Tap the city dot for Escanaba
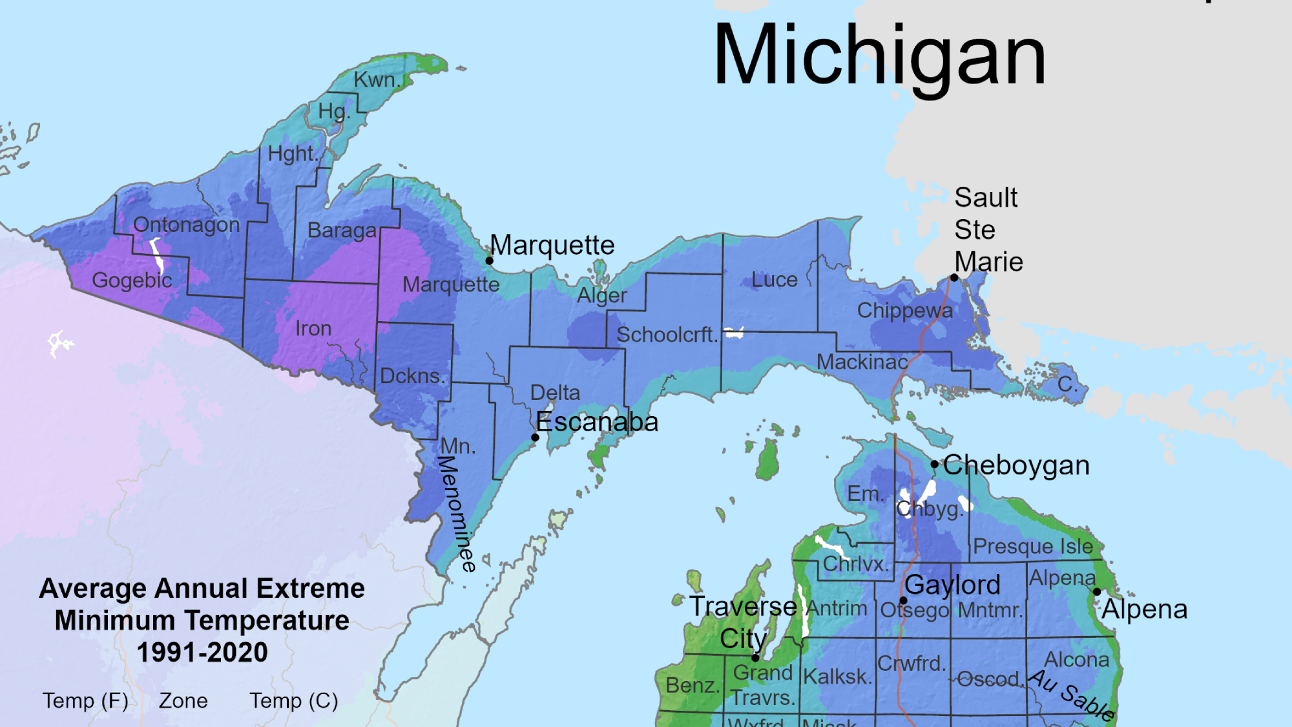[535, 437]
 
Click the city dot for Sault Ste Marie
[954, 278]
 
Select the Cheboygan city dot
[934, 464]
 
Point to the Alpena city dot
[1097, 591]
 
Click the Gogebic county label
[132, 280]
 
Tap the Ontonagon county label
[186, 225]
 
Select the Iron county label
[313, 328]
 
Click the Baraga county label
[342, 230]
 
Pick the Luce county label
[774, 280]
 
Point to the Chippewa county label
[904, 311]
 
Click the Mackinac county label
[862, 362]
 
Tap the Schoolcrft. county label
[667, 335]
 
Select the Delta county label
[555, 392]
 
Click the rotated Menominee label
[457, 514]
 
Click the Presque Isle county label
[1033, 547]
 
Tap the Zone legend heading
[183, 701]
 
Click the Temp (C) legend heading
[294, 701]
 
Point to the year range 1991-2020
[202, 652]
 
